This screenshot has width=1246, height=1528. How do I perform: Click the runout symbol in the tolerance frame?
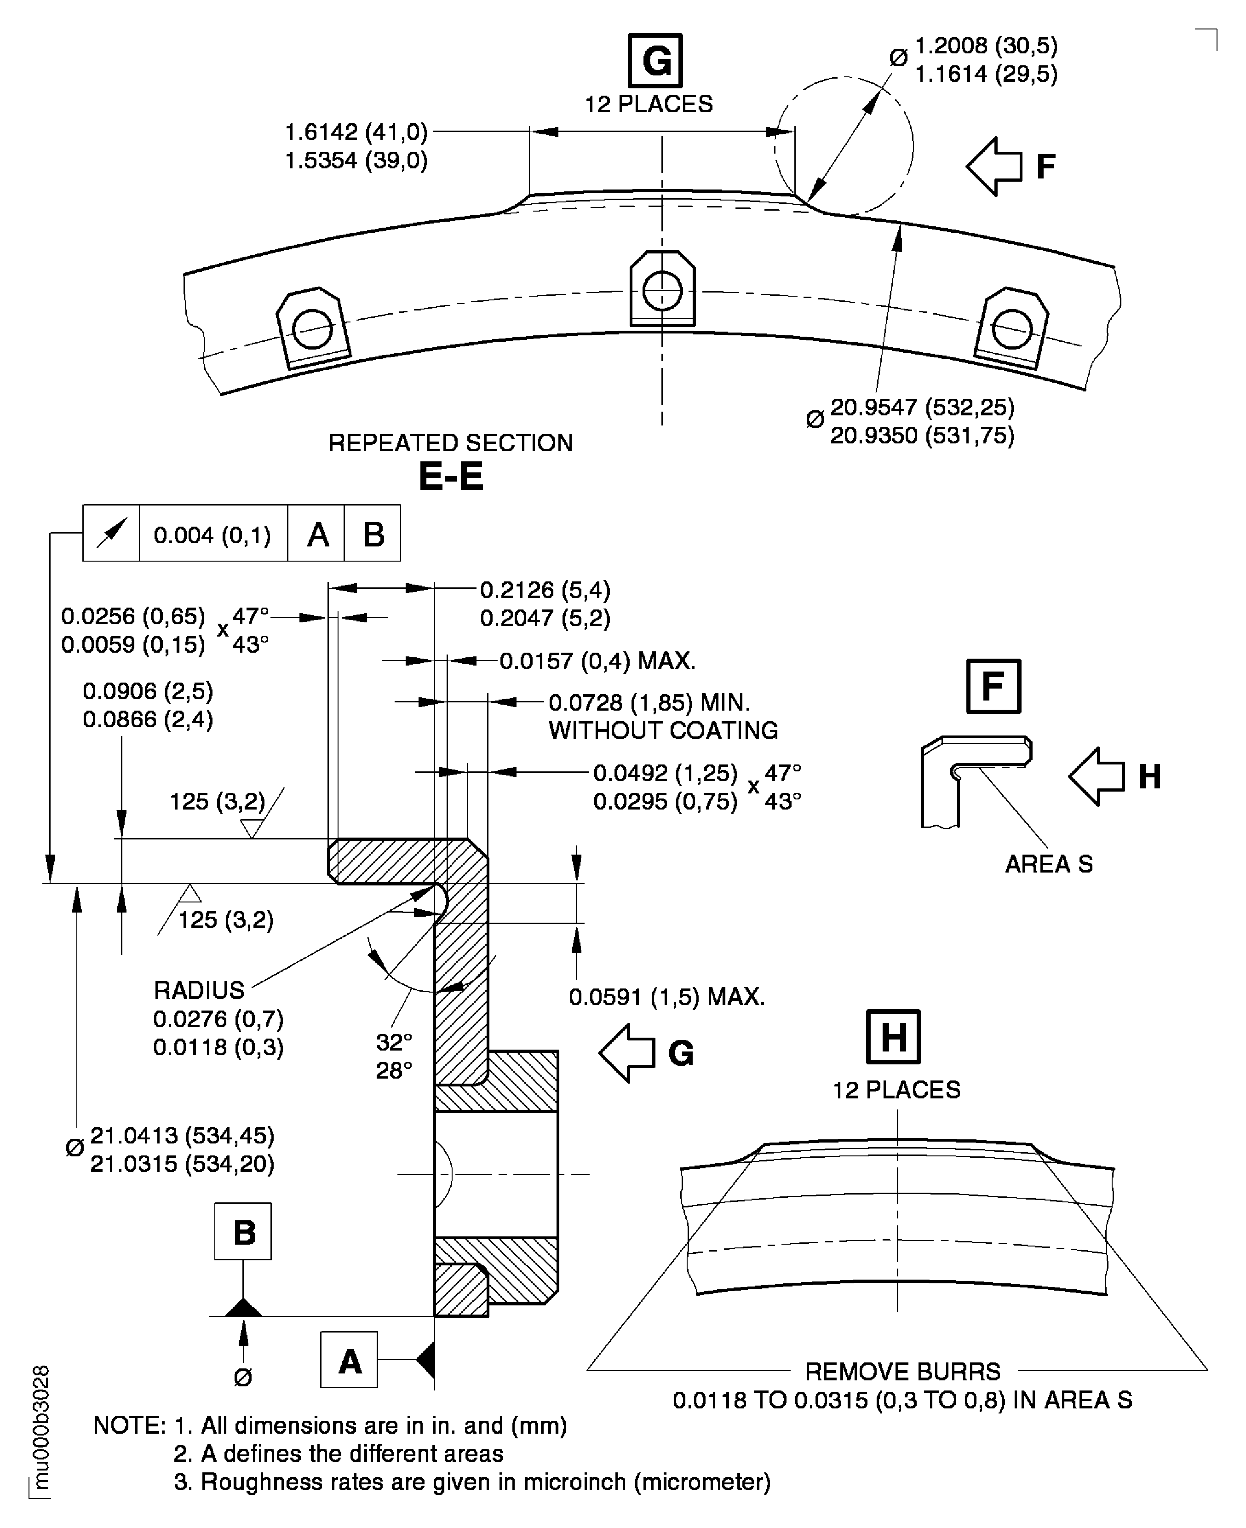[x=111, y=533]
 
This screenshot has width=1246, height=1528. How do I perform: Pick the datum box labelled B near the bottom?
[x=243, y=1232]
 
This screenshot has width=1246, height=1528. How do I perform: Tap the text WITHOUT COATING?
[x=663, y=730]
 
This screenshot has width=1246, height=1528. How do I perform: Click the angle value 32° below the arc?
[x=394, y=1041]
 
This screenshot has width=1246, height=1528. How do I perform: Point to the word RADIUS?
[x=199, y=990]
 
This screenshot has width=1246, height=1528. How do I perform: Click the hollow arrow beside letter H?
[x=1097, y=776]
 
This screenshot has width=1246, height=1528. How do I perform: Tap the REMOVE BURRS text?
[x=902, y=1372]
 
